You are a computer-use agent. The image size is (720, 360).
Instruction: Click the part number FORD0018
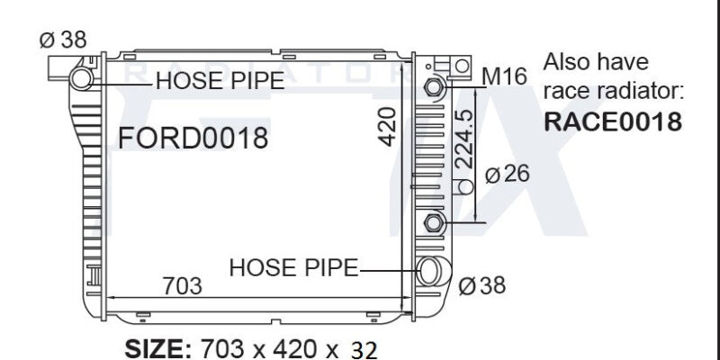pyautogui.click(x=193, y=138)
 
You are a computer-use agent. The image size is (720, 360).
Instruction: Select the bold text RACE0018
pyautogui.click(x=613, y=122)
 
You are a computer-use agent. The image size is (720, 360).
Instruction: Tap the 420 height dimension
pyautogui.click(x=388, y=127)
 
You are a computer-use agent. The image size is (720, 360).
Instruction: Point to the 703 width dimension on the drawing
pyautogui.click(x=183, y=286)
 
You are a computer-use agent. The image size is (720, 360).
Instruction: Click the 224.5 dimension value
pyautogui.click(x=465, y=138)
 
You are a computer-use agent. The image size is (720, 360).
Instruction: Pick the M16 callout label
pyautogui.click(x=505, y=76)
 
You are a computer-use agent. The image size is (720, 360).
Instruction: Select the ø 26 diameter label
pyautogui.click(x=507, y=174)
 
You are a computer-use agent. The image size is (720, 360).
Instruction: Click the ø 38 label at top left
pyautogui.click(x=63, y=40)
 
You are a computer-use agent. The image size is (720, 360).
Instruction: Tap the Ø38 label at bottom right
pyautogui.click(x=481, y=285)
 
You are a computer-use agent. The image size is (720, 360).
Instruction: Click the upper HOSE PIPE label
pyautogui.click(x=220, y=81)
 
